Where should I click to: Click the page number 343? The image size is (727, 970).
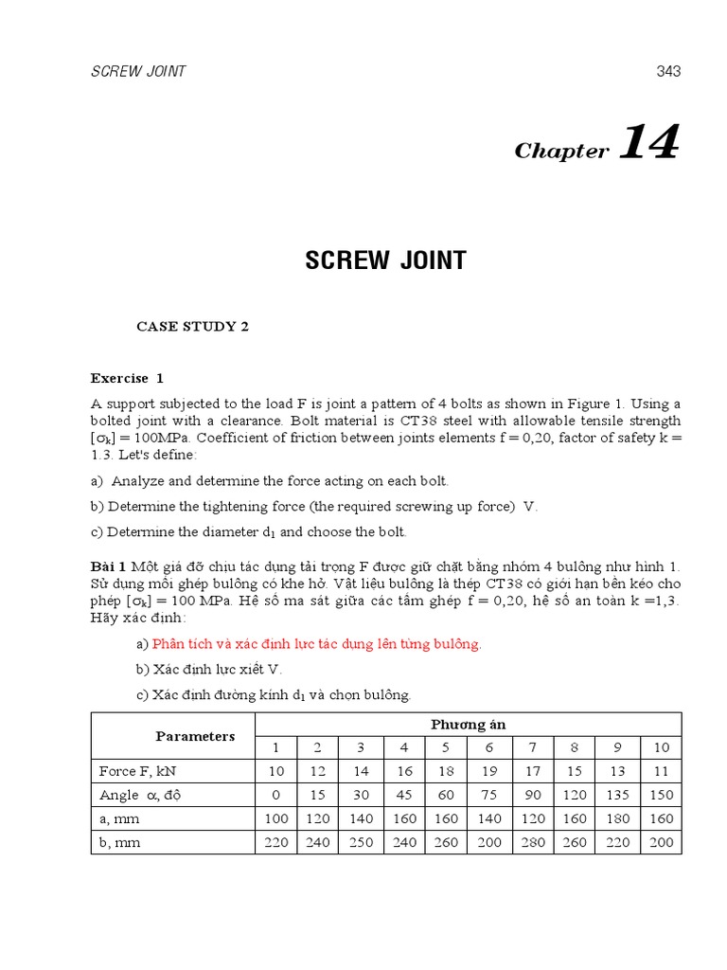click(667, 71)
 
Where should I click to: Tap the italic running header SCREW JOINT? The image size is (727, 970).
click(138, 71)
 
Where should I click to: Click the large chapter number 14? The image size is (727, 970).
click(649, 144)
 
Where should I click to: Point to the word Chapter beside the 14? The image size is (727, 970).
click(561, 152)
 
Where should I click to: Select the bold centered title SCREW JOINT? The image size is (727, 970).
click(385, 260)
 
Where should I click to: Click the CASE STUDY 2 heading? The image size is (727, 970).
click(192, 326)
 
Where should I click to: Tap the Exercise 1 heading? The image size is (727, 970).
click(127, 378)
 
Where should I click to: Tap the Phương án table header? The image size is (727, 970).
click(468, 725)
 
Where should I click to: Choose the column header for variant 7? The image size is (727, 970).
click(533, 747)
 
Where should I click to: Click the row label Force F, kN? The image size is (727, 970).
click(133, 770)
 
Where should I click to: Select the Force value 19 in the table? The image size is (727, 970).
click(489, 770)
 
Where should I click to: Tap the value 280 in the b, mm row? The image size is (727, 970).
click(533, 842)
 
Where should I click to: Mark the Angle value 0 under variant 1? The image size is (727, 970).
click(275, 795)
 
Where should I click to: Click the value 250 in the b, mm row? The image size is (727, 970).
click(361, 842)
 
